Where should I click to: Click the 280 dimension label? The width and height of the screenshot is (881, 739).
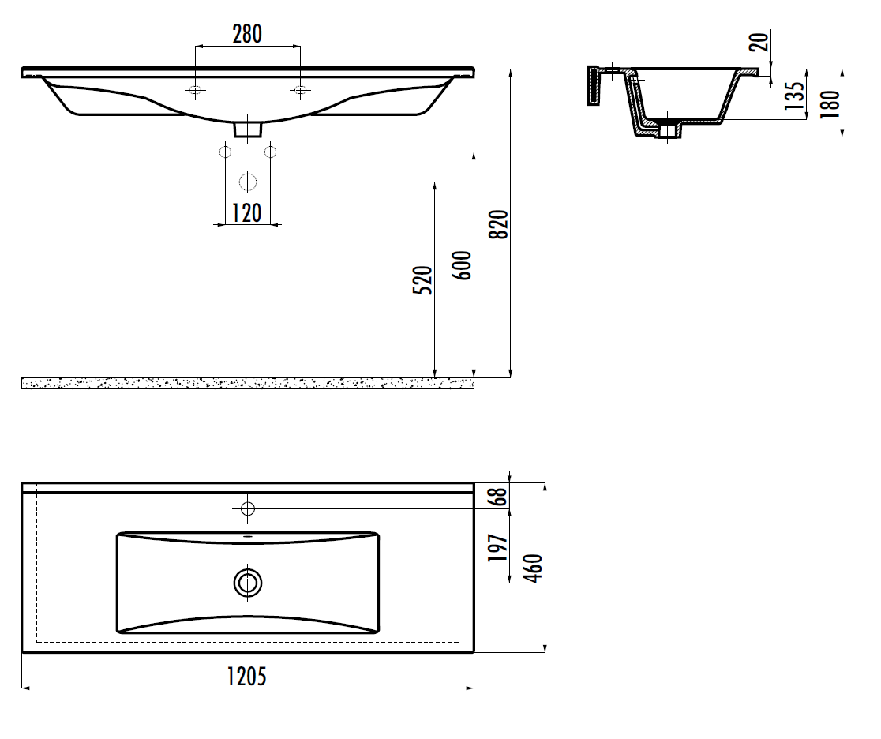coord(247,34)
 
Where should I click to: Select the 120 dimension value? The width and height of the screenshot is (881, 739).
coord(247,213)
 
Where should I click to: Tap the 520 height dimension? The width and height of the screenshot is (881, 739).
coord(423,280)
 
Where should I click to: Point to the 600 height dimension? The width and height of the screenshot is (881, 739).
coord(461,266)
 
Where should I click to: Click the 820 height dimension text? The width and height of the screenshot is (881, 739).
coord(498,224)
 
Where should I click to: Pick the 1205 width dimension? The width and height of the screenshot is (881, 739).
coord(246,676)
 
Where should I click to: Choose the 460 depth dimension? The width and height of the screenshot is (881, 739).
coord(534,568)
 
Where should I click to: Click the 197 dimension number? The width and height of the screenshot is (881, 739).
coord(498,548)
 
